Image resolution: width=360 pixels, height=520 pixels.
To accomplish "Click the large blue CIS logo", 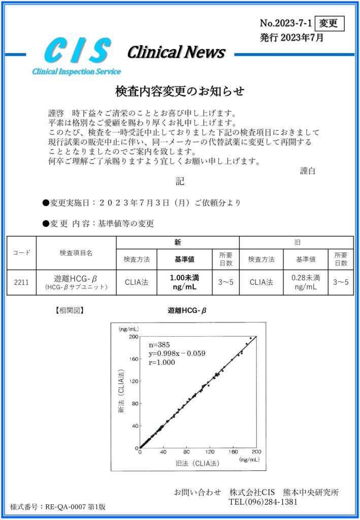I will pyautogui.click(x=78, y=51).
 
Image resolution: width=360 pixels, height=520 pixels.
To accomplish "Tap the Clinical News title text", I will pyautogui.click(x=176, y=52).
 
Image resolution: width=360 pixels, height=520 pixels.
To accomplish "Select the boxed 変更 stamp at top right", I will pyautogui.click(x=330, y=23).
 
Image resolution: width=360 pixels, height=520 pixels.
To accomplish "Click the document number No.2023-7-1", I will pyautogui.click(x=286, y=23).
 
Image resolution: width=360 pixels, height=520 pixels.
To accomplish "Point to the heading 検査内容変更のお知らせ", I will pyautogui.click(x=180, y=91).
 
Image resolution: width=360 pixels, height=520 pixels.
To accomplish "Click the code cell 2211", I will pyautogui.click(x=21, y=282).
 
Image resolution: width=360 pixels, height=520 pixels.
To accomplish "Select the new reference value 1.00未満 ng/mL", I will pyautogui.click(x=185, y=282).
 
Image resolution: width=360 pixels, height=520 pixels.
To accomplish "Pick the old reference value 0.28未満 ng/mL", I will pyautogui.click(x=306, y=282).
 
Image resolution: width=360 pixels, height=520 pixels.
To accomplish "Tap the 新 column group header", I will pyautogui.click(x=177, y=243).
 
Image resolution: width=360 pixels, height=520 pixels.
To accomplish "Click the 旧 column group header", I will pyautogui.click(x=297, y=243).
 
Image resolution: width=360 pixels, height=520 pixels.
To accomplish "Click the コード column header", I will pyautogui.click(x=21, y=252).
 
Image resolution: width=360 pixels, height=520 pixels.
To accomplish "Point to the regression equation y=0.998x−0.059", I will pyautogui.click(x=177, y=353).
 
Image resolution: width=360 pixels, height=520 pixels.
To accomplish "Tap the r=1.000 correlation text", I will pyautogui.click(x=162, y=363).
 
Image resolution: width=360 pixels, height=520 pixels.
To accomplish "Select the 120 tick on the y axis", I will pyautogui.click(x=133, y=381).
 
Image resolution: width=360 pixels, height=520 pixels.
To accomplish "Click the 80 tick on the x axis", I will pyautogui.click(x=186, y=452).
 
